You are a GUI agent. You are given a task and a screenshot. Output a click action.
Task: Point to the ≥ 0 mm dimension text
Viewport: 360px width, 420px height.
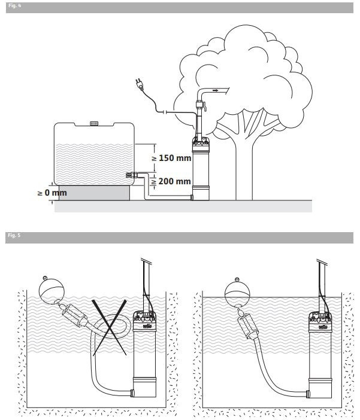52,193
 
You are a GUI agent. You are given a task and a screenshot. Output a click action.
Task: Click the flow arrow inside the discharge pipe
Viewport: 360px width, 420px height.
215,90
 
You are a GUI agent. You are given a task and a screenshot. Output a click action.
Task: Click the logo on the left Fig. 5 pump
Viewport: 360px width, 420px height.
146,326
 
